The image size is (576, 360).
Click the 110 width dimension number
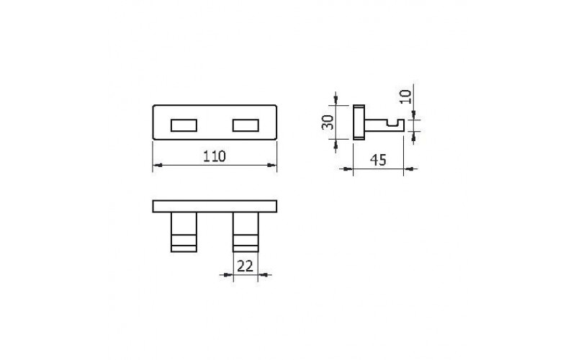tap(215, 156)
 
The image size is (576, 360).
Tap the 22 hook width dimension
tap(245, 266)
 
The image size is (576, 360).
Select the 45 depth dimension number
tap(378, 160)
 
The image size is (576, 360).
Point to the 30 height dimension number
tap(328, 122)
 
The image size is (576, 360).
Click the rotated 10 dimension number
tap(405, 96)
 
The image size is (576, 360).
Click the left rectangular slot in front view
tap(184, 125)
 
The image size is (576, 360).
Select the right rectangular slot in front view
tap(246, 125)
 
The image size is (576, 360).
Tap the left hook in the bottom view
tap(184, 232)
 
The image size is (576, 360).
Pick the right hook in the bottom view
tap(246, 232)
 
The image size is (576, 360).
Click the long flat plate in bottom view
tap(215, 207)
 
